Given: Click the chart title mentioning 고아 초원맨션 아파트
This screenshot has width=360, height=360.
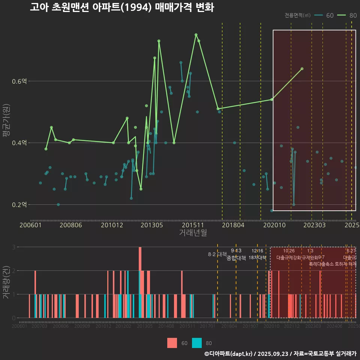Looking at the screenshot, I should coord(122,7).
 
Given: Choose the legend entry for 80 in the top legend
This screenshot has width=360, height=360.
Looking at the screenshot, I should coord(347,15).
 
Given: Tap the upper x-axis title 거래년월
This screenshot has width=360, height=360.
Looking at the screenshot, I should coord(193,233).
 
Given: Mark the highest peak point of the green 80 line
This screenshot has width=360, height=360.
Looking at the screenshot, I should coord(196,35).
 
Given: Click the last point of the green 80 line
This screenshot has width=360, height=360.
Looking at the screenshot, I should coord(302,69).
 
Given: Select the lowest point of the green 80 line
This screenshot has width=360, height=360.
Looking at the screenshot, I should coord(141,189).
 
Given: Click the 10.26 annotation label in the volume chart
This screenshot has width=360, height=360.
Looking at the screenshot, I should coord(289,251).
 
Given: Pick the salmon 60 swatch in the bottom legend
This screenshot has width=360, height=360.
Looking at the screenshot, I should coord(172,343).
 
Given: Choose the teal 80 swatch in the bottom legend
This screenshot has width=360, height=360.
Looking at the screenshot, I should coord(196,343).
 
